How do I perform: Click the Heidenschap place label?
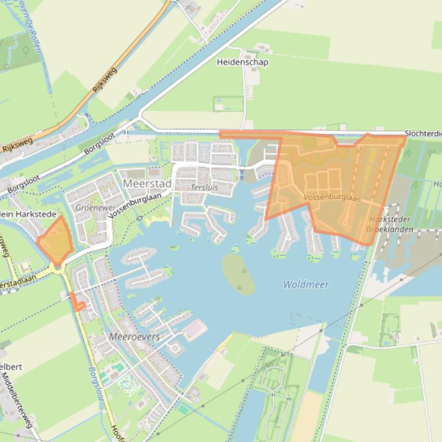242,62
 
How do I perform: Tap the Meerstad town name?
147,184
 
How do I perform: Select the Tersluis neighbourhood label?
205,188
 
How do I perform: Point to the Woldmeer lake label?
306,284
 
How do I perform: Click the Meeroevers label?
134,336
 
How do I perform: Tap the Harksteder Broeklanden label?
391,224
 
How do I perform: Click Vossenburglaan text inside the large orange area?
332,198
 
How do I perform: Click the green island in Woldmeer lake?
239,274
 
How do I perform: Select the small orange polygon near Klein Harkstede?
56,241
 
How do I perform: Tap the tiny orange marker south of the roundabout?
77,304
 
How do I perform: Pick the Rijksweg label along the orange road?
103,80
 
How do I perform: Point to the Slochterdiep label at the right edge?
423,133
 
